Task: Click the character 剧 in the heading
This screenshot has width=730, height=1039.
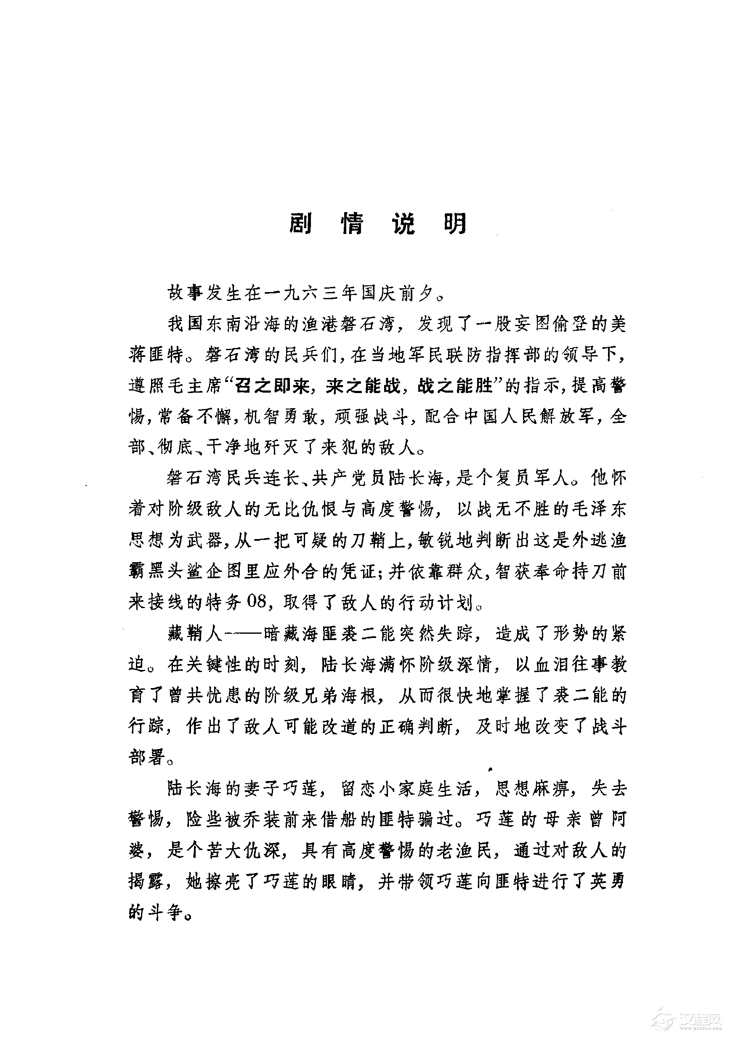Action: pos(300,223)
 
